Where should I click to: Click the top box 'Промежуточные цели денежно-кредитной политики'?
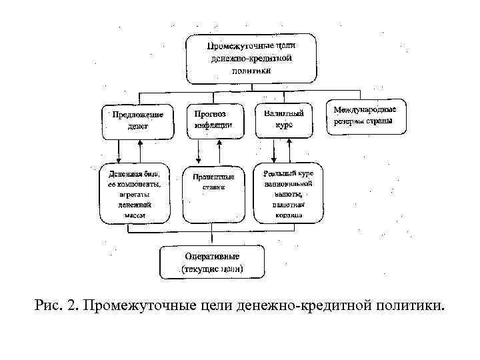(251, 58)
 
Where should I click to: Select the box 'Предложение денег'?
(138, 120)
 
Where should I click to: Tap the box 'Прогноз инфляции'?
(214, 119)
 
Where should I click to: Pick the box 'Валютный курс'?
(283, 119)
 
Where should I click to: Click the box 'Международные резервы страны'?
(365, 116)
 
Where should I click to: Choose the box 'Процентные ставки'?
(213, 193)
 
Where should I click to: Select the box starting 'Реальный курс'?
(287, 193)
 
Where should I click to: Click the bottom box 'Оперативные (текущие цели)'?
(212, 263)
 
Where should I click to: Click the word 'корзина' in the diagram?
(287, 215)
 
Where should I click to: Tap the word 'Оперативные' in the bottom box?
(212, 256)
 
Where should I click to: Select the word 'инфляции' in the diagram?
(214, 125)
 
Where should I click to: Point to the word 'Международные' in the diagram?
(365, 109)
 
